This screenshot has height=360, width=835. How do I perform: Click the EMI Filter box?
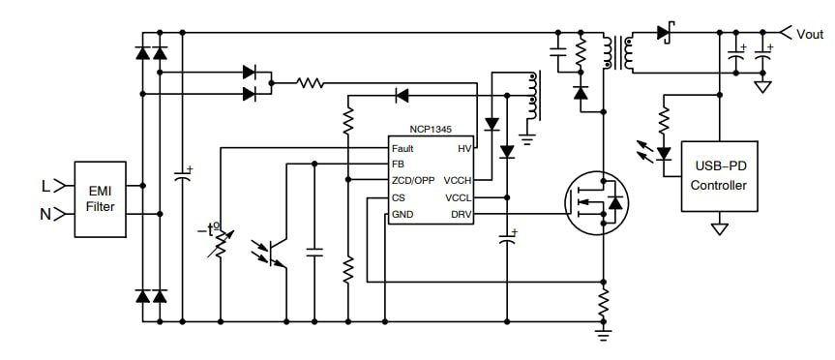[100, 197]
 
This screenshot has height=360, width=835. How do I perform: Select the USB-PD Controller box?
[719, 177]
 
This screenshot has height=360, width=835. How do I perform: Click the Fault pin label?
[403, 148]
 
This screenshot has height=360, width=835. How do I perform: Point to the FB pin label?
[398, 165]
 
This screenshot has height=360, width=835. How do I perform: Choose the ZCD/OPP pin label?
[413, 181]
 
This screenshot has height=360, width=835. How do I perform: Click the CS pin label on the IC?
[398, 197]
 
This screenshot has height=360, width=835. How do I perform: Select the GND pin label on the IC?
[402, 214]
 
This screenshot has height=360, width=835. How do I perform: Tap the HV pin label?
[464, 148]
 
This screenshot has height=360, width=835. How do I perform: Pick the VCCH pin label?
[458, 181]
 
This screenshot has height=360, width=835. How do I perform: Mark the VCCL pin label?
[458, 197]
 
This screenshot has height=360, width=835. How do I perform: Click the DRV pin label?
[460, 214]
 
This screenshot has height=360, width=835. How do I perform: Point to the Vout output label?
[810, 34]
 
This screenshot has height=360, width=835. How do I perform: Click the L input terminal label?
[45, 184]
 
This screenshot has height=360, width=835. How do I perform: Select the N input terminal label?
[45, 213]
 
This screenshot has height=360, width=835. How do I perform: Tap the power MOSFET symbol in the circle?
[595, 202]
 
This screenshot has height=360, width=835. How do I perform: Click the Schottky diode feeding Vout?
[665, 33]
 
